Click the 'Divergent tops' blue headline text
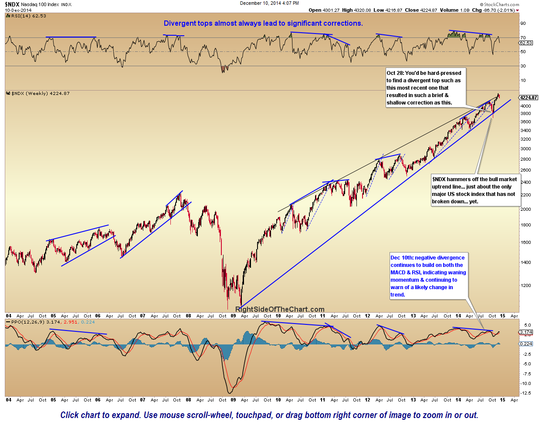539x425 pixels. [263, 24]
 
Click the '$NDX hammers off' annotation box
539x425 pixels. [475, 190]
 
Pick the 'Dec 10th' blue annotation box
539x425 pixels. [428, 276]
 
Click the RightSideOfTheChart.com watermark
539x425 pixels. [280, 309]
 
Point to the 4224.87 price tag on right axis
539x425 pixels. [528, 98]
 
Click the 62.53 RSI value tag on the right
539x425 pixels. [526, 43]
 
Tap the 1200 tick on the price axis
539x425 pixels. [525, 286]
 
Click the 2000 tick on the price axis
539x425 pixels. [525, 209]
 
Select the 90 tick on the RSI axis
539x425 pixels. [523, 24]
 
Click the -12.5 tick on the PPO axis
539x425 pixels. [525, 393]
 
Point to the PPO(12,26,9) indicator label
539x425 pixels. [26, 322]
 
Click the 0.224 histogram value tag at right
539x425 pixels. [526, 344]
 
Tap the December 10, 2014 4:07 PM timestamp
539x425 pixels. [269, 3]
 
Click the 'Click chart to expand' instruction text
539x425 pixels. [269, 415]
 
